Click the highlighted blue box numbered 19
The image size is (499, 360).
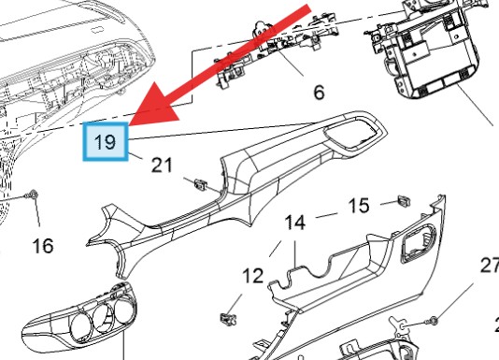[106, 143]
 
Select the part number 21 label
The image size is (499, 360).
[162, 165]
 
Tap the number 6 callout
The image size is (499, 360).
[318, 93]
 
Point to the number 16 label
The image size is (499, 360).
[42, 246]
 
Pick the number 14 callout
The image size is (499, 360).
[295, 223]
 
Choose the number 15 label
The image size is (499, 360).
[359, 205]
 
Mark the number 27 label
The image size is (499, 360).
[490, 266]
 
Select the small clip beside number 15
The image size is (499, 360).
[404, 200]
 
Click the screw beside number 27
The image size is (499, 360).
[433, 322]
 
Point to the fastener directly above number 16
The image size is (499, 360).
[33, 194]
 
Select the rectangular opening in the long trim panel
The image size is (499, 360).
[350, 135]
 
